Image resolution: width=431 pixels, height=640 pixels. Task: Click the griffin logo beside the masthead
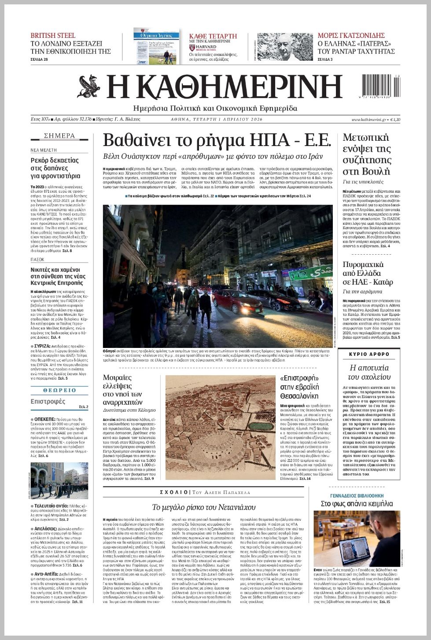point(89,87)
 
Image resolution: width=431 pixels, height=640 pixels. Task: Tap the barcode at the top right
point(381,86)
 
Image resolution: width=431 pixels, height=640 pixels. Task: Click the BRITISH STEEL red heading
point(53,35)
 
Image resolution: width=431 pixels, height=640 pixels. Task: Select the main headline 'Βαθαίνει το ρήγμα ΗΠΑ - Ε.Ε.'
point(216,140)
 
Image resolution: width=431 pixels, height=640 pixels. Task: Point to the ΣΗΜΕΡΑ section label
point(59,136)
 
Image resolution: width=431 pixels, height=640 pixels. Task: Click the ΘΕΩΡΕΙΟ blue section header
point(59,390)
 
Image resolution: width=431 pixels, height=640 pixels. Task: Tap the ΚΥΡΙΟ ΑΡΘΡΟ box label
point(369,354)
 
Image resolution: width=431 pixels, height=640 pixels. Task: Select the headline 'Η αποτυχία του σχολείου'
point(369,372)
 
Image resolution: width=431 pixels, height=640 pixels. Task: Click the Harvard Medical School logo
point(203,48)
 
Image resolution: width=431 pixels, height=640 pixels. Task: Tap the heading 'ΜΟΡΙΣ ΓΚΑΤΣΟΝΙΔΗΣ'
point(351,35)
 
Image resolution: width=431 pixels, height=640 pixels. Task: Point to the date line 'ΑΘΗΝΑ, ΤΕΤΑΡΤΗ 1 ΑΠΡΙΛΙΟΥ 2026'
point(216,120)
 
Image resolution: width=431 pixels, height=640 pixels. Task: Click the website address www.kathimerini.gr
point(368,120)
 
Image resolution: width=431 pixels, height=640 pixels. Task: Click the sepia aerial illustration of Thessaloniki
point(220,428)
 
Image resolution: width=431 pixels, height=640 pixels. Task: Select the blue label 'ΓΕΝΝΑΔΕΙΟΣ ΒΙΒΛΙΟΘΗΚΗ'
point(357,496)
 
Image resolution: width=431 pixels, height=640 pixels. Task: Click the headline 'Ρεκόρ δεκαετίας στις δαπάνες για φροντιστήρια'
point(55,168)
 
